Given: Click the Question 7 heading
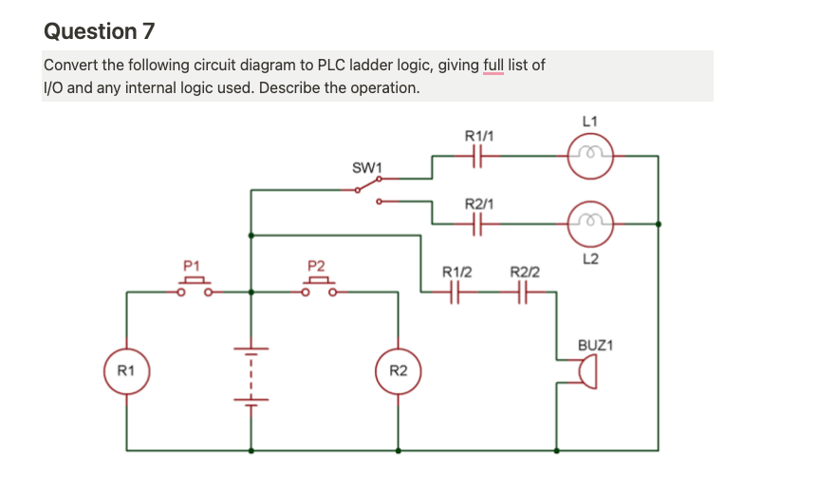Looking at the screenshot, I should (99, 31).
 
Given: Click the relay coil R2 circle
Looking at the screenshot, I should (398, 370).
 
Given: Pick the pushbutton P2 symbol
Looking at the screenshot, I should (320, 285).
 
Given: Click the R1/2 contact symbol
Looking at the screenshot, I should (454, 294).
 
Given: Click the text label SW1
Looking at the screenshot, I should (365, 168).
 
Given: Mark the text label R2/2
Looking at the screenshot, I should (525, 273).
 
